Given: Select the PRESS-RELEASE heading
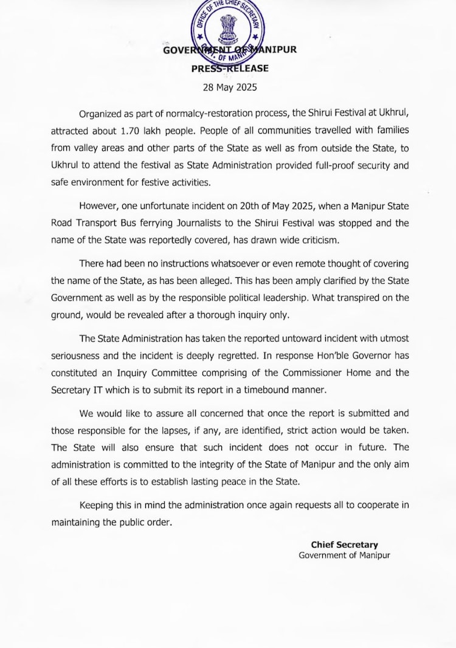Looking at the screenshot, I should click(x=230, y=68).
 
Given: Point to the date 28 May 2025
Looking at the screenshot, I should click(x=230, y=87).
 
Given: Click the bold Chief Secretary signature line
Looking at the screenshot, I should click(x=344, y=545).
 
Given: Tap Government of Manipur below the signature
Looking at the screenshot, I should click(x=344, y=555).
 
